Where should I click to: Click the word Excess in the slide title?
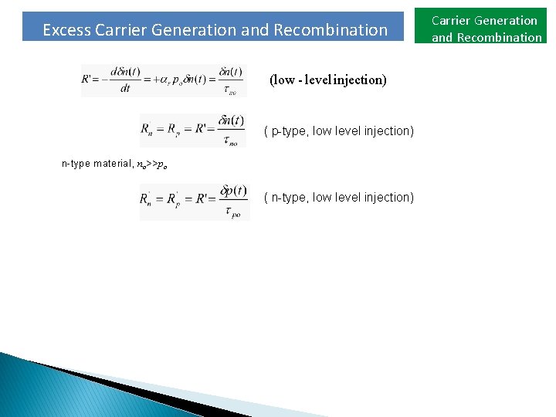[66, 30]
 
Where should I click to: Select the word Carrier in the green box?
[452, 21]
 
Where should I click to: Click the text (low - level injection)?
[327, 80]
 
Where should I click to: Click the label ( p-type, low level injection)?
[339, 131]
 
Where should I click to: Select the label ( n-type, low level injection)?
[339, 197]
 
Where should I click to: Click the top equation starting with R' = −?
[163, 80]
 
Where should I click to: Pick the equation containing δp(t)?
[194, 201]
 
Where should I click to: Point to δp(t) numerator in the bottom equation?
[233, 190]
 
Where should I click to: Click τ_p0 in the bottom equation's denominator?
[232, 212]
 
